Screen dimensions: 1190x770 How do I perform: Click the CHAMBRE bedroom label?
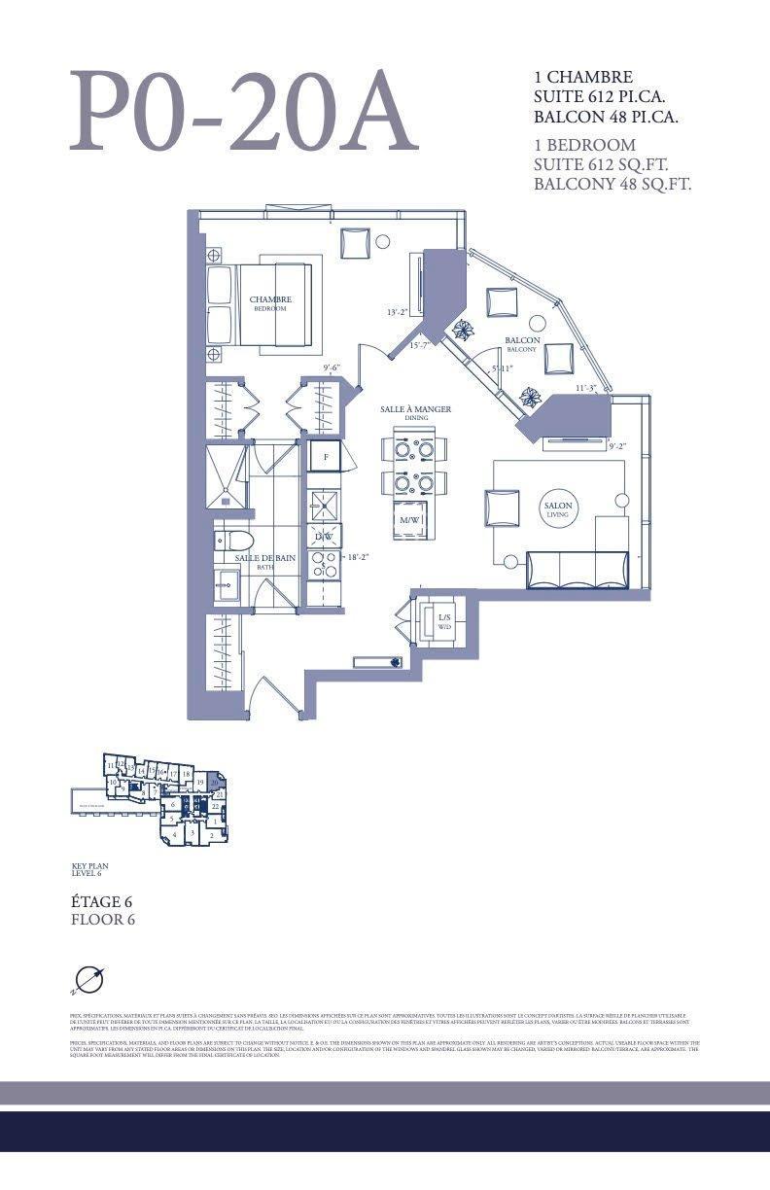click(270, 302)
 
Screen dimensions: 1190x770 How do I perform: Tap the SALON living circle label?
click(558, 509)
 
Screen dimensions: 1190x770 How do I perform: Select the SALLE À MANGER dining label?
click(415, 412)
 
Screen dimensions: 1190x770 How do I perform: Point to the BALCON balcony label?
click(522, 343)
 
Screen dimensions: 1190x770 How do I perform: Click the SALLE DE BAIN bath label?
click(264, 560)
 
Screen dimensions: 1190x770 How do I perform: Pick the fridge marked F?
click(325, 456)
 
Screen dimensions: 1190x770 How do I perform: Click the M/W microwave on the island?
click(409, 520)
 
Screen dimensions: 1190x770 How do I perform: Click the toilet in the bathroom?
click(234, 541)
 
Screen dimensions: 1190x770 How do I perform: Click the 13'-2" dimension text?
click(397, 312)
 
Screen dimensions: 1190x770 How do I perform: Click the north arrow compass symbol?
click(88, 980)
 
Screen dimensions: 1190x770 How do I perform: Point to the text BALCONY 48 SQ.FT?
click(612, 185)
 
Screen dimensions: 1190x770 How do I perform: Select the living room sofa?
click(577, 569)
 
